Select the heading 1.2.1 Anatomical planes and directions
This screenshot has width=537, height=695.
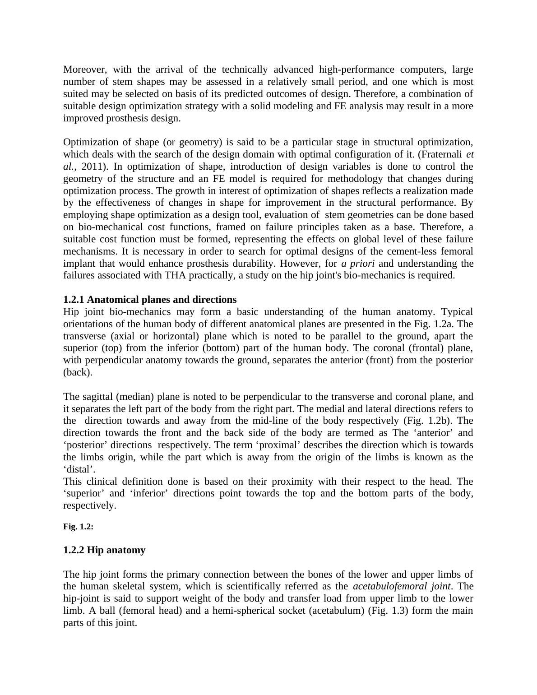pyautogui.click(x=150, y=300)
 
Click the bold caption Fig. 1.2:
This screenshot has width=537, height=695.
pyautogui.click(x=78, y=527)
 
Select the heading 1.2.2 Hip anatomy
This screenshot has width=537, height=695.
pyautogui.click(x=104, y=550)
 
